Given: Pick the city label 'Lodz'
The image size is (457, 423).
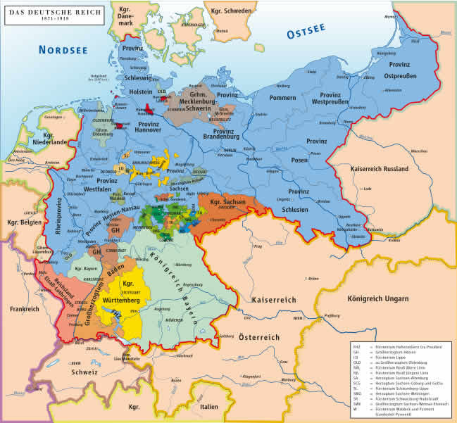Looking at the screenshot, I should tap(368, 189).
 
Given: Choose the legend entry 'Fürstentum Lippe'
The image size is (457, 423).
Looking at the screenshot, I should tap(390, 357).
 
